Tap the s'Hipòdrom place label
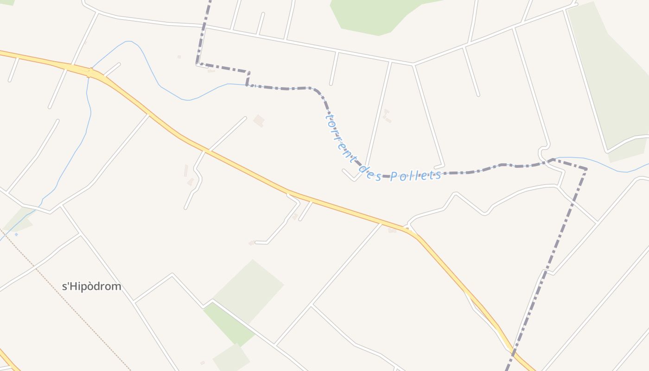(x=92, y=287)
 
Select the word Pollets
(x=415, y=175)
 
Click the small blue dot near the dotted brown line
(x=16, y=234)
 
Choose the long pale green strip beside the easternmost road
(x=607, y=79)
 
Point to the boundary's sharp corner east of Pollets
(x=586, y=169)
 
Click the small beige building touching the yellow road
(x=392, y=230)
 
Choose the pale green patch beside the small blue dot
(x=21, y=220)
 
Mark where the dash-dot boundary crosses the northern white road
(x=204, y=27)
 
